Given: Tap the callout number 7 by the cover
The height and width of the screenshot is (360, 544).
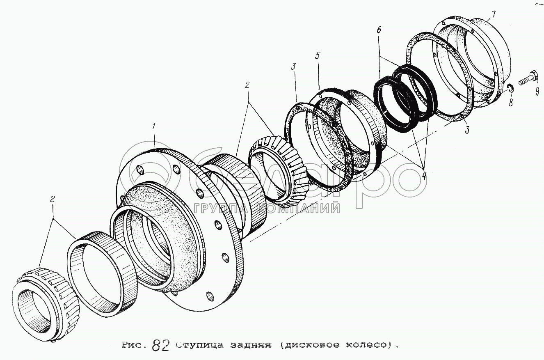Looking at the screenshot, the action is point(494,15).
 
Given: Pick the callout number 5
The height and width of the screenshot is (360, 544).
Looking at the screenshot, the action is point(318,55).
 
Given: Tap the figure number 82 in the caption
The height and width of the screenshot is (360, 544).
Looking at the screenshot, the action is point(160,345).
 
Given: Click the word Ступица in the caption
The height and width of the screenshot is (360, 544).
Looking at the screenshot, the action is point(198,345).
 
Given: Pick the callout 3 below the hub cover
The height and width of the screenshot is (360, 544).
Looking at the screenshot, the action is point(467,130).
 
